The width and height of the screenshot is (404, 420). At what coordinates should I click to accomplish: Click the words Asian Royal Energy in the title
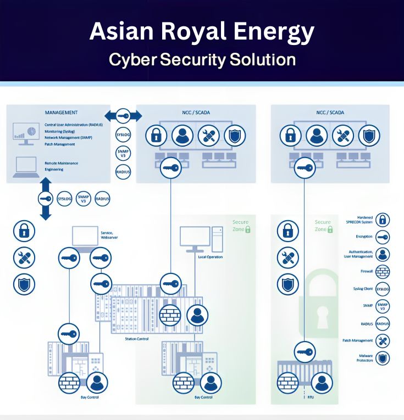pos(202,32)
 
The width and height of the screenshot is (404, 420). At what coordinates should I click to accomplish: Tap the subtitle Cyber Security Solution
pos(202,59)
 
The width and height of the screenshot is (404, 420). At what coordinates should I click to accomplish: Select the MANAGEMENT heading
pos(61,113)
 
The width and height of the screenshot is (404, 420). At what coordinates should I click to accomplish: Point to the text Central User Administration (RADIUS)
pos(71,125)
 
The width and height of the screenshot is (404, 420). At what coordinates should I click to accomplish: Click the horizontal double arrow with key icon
pos(123,116)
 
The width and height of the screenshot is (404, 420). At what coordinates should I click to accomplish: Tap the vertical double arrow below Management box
pos(46,199)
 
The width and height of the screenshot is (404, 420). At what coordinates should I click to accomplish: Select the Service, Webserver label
pos(109,235)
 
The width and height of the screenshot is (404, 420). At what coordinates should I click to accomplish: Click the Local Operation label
pos(211,256)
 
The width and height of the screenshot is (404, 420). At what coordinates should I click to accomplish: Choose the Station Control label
pos(137,339)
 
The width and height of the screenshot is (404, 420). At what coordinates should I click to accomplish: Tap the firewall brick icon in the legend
pos(383,271)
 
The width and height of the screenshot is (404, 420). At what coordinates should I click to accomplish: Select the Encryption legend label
pos(364,237)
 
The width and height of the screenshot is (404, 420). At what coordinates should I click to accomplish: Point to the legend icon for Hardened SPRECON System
pos(383,220)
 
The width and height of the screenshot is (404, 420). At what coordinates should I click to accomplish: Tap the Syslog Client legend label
pos(363,289)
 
